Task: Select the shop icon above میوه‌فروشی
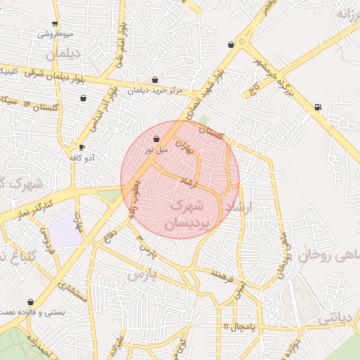click(x=55, y=23)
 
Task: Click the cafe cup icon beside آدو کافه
click(x=82, y=147)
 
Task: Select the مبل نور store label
click(x=156, y=148)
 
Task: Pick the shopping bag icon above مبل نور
click(x=155, y=139)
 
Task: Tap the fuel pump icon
click(x=319, y=108)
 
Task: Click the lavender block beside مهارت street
click(x=65, y=229)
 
